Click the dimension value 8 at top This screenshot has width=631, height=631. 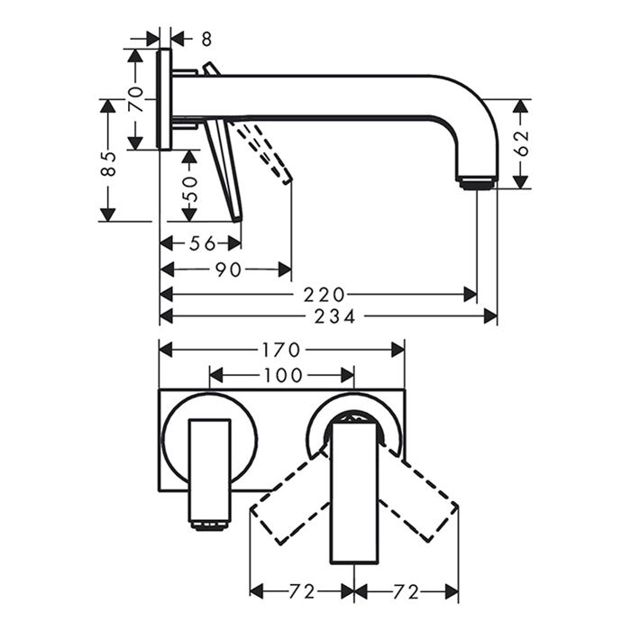[x=206, y=39]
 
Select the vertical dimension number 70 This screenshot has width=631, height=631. [x=135, y=98]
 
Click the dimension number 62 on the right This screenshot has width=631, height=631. [x=521, y=143]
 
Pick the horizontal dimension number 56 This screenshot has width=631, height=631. [x=203, y=242]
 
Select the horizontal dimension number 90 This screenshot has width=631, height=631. [x=228, y=269]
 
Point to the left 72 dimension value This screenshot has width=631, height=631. [x=302, y=591]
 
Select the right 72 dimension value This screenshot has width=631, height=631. [x=407, y=591]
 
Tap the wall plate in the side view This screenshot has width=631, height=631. [x=164, y=99]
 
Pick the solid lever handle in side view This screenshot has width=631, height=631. [x=225, y=171]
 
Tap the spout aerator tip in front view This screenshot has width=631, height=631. [x=209, y=524]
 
